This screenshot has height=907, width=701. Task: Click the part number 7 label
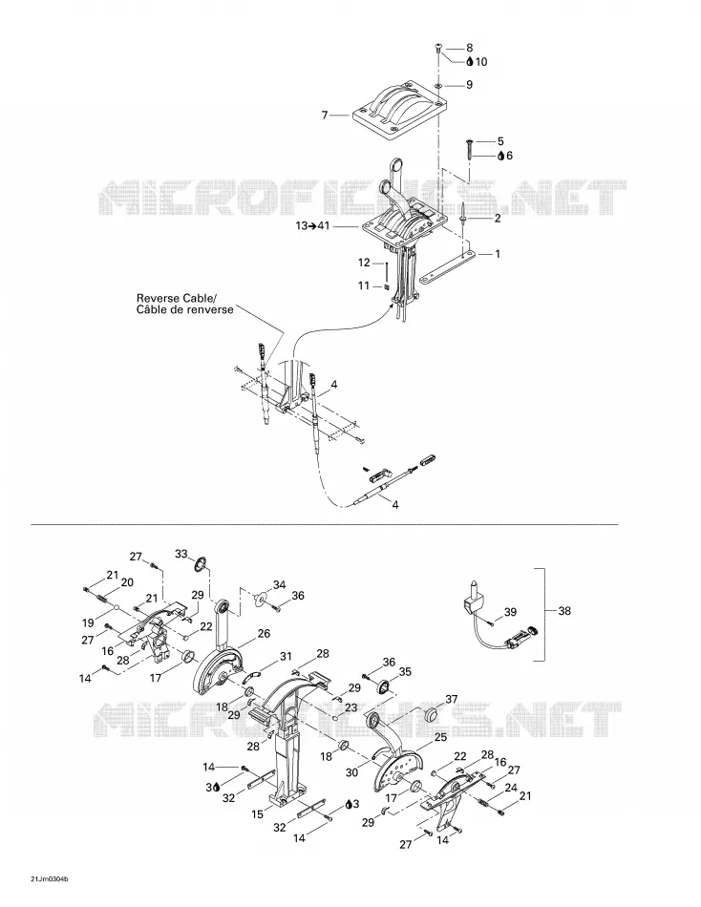[325, 116]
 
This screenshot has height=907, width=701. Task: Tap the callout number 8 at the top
[470, 48]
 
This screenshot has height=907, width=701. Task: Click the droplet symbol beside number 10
[470, 61]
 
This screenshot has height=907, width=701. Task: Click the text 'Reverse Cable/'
[177, 299]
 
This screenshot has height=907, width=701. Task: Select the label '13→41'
[312, 225]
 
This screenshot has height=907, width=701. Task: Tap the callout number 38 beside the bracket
[564, 610]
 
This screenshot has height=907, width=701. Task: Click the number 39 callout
[510, 612]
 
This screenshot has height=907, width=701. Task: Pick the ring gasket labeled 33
[201, 563]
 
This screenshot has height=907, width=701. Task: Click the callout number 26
[264, 634]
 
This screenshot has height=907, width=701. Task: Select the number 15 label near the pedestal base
[258, 814]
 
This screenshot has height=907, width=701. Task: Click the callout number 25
[440, 737]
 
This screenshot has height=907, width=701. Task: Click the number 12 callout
[364, 263]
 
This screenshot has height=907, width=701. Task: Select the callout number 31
[286, 657]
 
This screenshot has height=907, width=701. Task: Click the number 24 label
[511, 788]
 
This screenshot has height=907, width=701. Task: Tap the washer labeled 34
[260, 598]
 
